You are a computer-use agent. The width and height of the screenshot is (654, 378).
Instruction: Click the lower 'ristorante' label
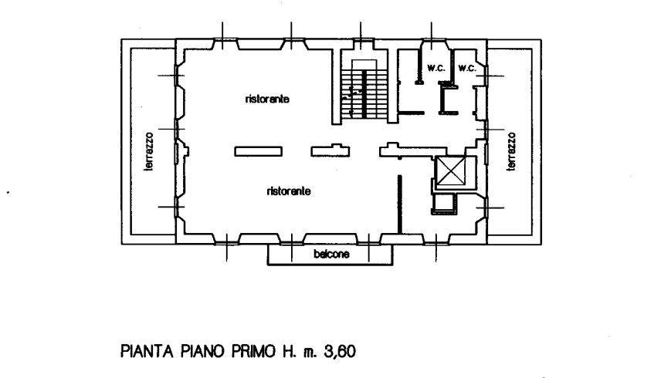click(289, 191)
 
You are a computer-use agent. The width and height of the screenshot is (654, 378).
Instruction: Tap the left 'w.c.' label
click(433, 68)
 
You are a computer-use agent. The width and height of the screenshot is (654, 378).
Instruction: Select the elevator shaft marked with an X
click(452, 172)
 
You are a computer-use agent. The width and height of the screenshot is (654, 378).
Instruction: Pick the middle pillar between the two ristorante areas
click(328, 151)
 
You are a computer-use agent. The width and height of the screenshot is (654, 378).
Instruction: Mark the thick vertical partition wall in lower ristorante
click(398, 202)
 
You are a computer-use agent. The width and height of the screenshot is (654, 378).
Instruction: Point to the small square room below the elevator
click(443, 203)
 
